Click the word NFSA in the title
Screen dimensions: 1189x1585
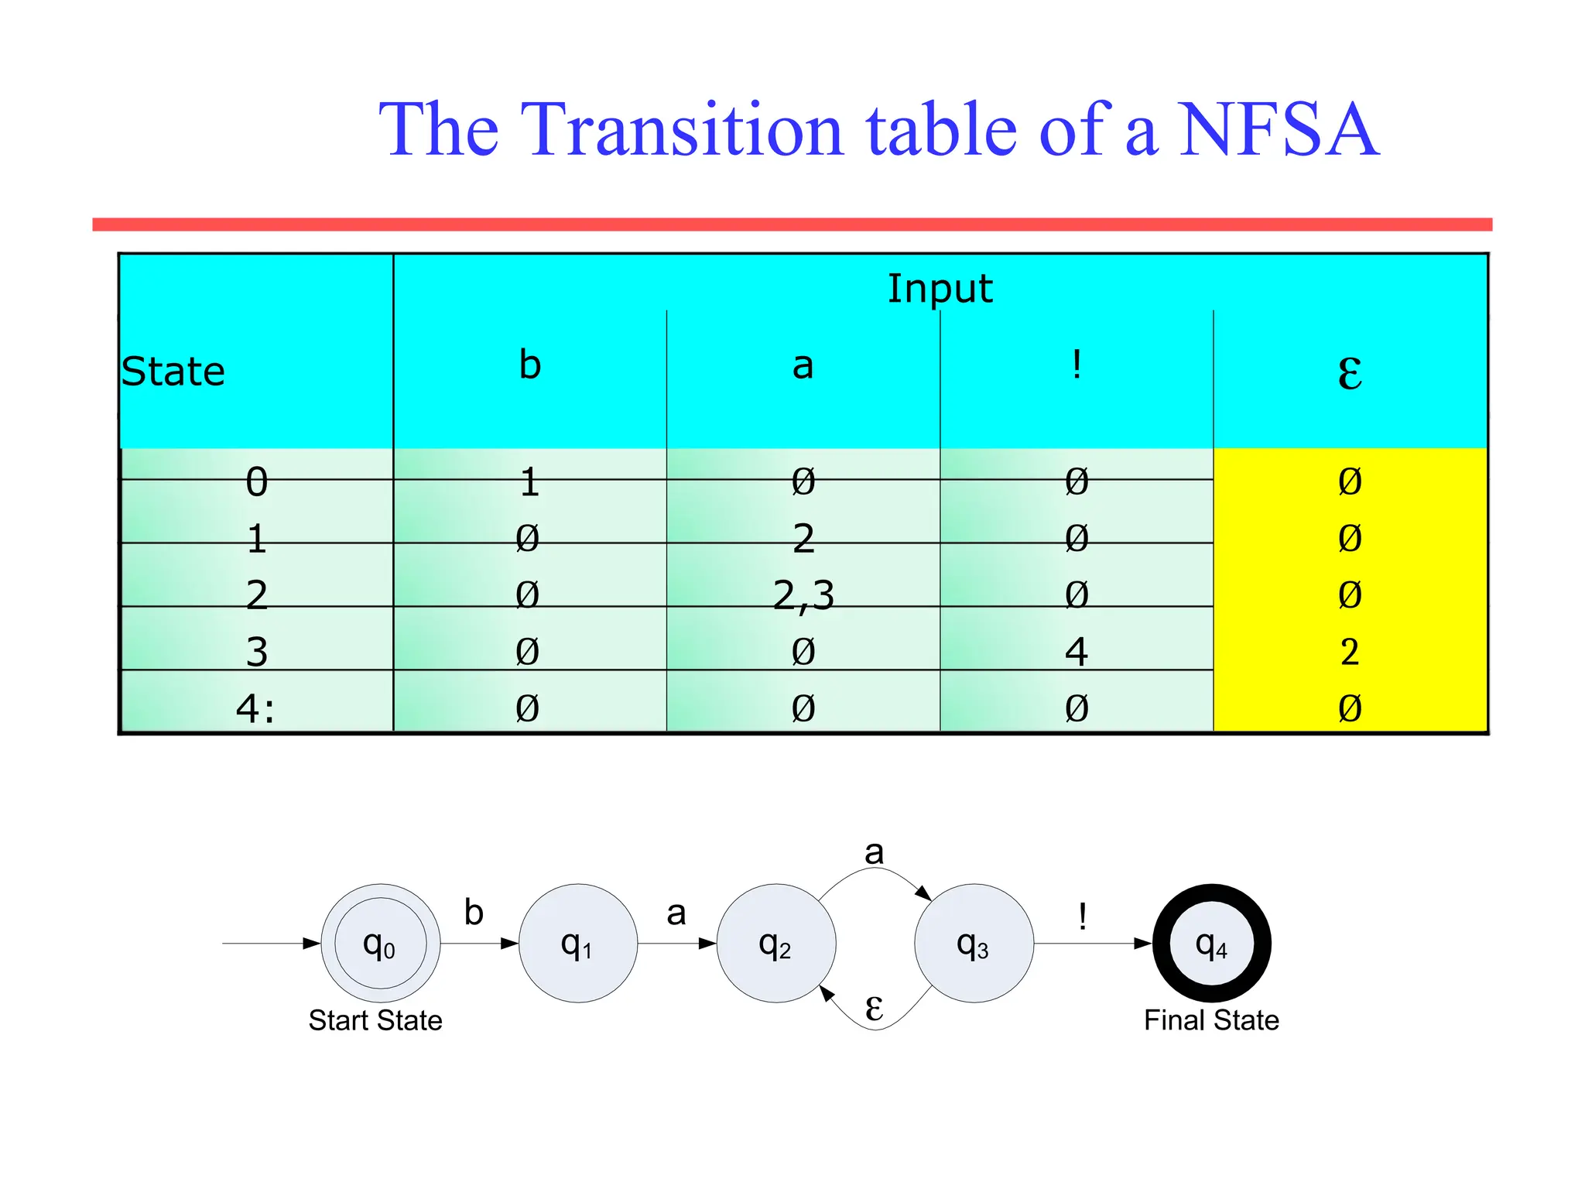pos(1278,130)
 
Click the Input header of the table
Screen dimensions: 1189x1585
pos(939,289)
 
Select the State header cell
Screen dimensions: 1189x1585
pos(173,372)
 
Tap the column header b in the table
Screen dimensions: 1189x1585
pos(529,365)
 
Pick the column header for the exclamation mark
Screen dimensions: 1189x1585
pos(1076,365)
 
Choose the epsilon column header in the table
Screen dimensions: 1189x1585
pos(1349,373)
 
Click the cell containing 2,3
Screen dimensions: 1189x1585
pos(803,595)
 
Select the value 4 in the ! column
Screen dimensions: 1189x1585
pos(1076,652)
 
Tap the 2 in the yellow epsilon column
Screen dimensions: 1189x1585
pos(1349,652)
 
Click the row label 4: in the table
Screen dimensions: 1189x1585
pos(255,708)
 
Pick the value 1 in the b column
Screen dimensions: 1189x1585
pos(529,482)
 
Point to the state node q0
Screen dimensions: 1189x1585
pos(380,944)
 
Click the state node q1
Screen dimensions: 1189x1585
pos(577,944)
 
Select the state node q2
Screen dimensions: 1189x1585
pos(775,944)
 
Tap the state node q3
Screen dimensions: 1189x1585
pos(974,944)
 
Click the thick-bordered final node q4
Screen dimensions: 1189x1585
pos(1211,944)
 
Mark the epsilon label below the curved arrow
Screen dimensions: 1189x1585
pos(874,1007)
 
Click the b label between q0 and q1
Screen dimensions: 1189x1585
pos(474,913)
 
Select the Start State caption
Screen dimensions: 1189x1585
pos(375,1020)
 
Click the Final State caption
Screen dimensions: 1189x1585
pos(1211,1020)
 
